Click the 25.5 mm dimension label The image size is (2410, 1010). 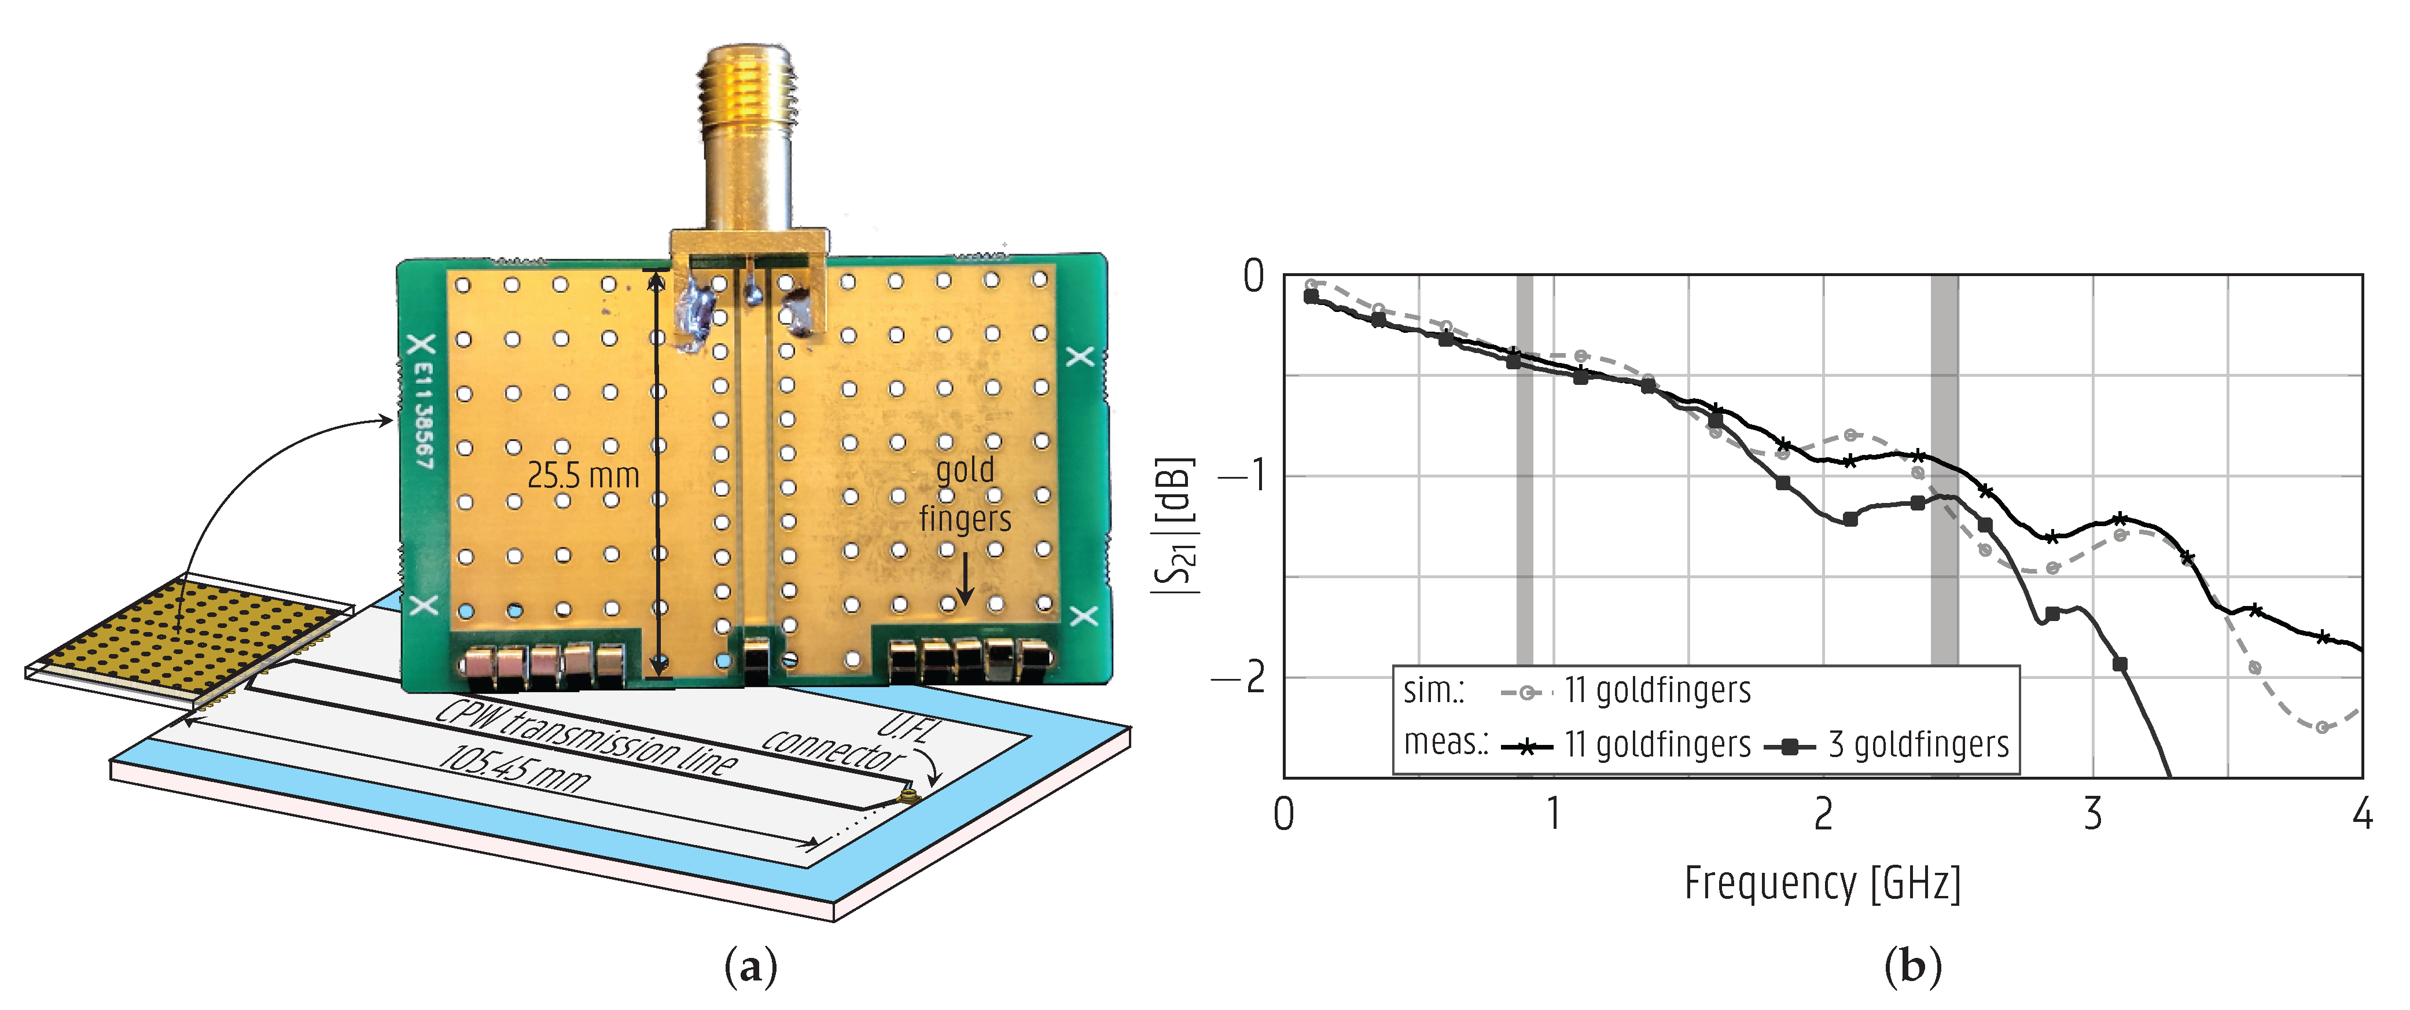tap(583, 476)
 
